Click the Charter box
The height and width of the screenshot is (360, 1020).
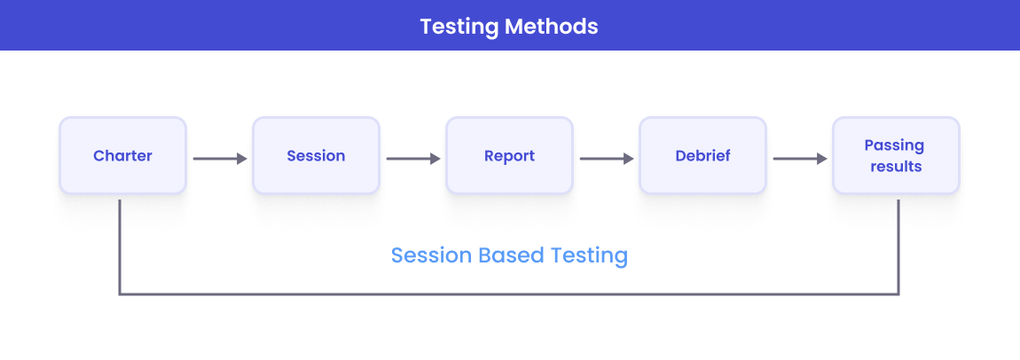[122, 155]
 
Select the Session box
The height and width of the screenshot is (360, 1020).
[316, 155]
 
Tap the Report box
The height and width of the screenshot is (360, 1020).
[509, 155]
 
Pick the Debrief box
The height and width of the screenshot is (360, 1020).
[702, 155]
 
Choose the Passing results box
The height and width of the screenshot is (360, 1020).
[896, 155]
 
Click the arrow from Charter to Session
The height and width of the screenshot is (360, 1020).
[219, 159]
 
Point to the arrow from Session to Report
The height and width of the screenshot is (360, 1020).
[412, 159]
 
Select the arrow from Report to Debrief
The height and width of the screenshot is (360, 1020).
[606, 159]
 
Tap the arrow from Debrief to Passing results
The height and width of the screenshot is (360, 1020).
[799, 159]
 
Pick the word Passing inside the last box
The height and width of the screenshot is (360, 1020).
[896, 145]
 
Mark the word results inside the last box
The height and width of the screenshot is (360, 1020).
[896, 166]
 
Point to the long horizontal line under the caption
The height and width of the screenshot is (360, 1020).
[509, 293]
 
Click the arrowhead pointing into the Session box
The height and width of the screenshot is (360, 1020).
[241, 159]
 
